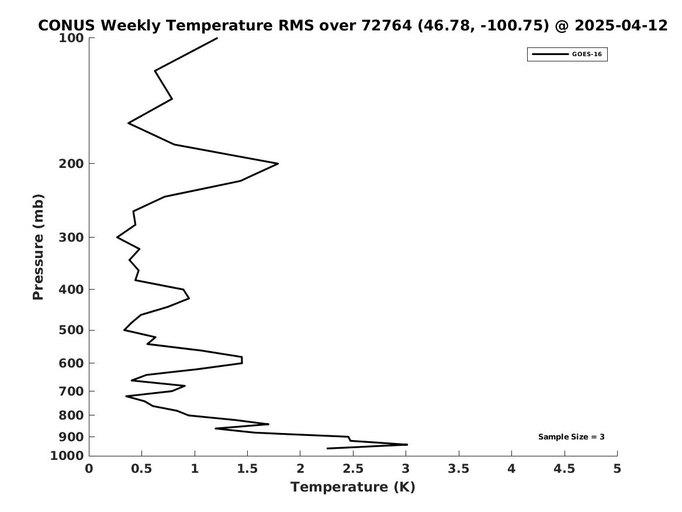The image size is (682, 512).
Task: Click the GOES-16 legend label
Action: tap(587, 54)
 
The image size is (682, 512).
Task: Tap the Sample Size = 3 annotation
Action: tap(571, 437)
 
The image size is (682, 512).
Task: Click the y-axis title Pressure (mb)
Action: tap(38, 247)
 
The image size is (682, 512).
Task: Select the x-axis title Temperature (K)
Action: tap(353, 487)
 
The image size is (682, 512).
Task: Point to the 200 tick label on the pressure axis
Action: tap(71, 164)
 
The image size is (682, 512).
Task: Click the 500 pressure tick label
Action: tap(71, 330)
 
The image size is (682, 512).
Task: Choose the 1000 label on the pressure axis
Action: tap(67, 456)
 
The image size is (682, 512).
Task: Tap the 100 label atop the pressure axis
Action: tap(71, 38)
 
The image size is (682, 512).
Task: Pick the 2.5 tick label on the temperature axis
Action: tap(353, 469)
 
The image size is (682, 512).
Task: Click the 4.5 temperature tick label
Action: tap(565, 469)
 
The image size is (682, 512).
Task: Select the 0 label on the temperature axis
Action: tap(89, 469)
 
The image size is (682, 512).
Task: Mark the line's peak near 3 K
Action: tap(407, 445)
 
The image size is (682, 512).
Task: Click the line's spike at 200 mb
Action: tap(278, 164)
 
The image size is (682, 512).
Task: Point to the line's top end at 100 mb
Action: tap(217, 38)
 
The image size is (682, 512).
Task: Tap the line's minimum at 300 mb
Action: tap(117, 238)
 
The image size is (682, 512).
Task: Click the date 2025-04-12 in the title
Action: tap(621, 26)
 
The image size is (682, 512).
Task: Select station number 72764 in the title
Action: tap(387, 26)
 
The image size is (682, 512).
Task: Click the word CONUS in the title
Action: tap(66, 26)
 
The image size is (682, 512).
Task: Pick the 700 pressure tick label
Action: tap(71, 391)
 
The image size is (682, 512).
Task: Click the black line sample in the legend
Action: tap(550, 54)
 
